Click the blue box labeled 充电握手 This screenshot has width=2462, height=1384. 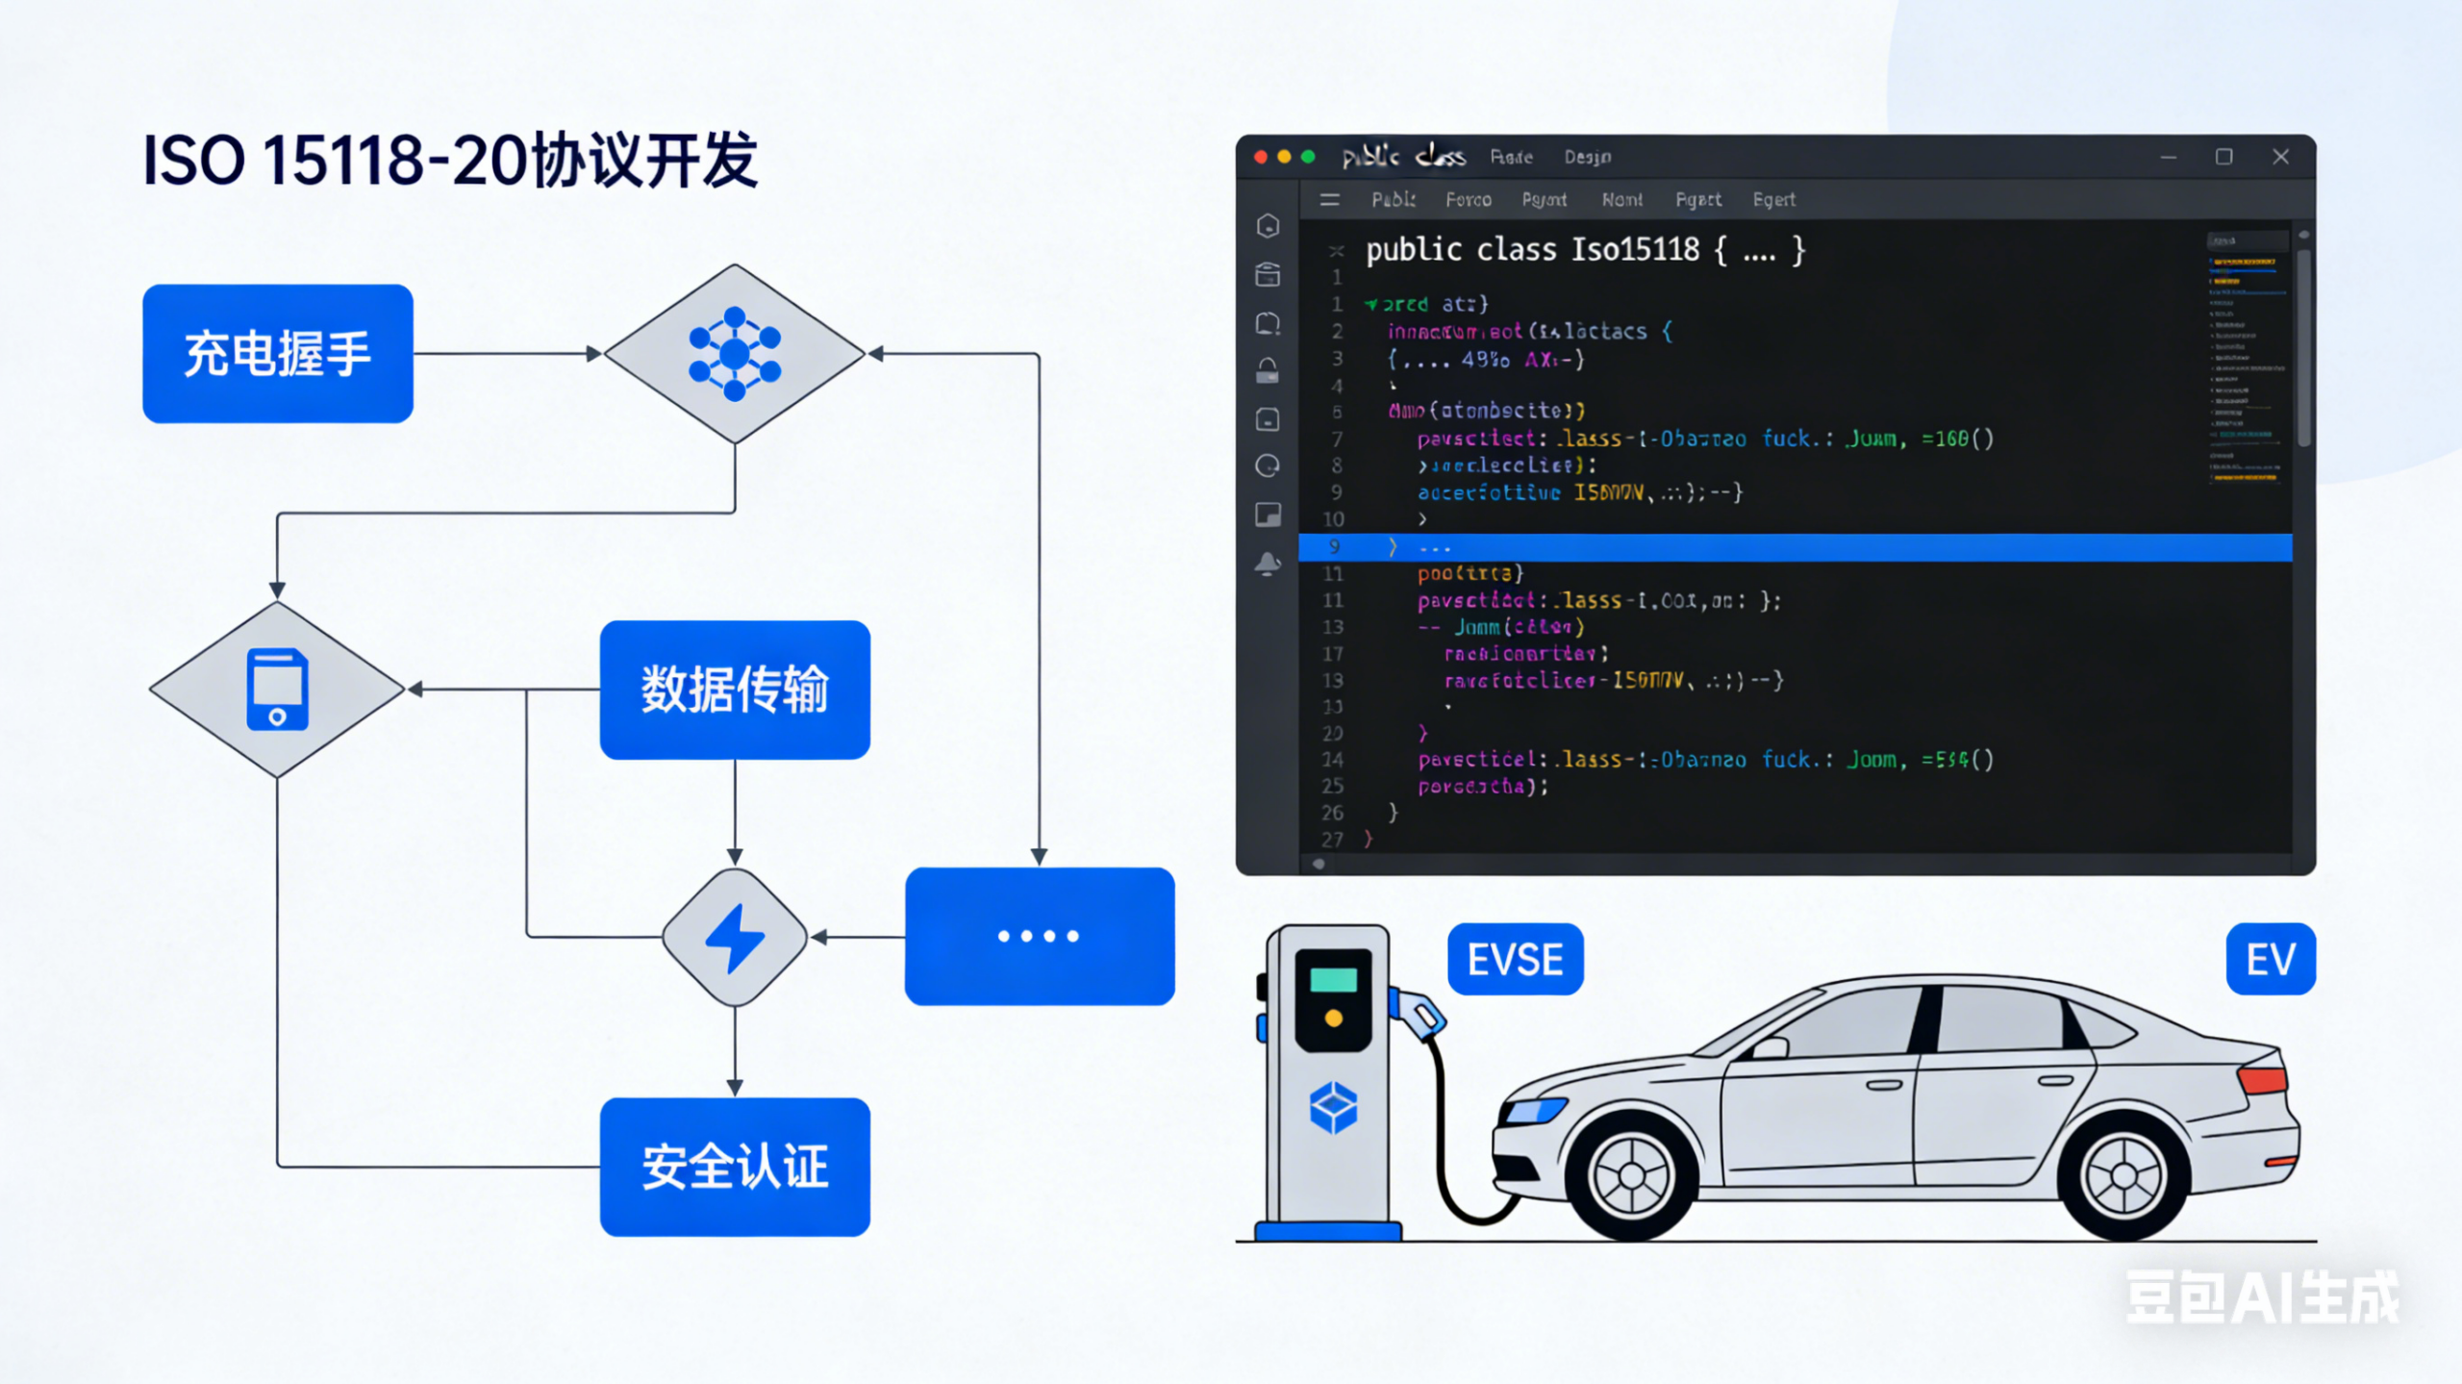click(x=277, y=353)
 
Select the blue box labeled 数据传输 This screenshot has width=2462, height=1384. click(x=735, y=690)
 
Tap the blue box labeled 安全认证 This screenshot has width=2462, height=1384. click(x=735, y=1167)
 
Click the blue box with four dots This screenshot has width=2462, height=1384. click(x=1039, y=936)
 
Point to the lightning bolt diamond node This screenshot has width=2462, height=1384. click(x=735, y=938)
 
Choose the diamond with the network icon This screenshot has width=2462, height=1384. click(x=735, y=353)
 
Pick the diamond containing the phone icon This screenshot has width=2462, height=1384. click(x=277, y=690)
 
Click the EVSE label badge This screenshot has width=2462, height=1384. click(x=1515, y=959)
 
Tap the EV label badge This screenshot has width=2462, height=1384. click(x=2270, y=959)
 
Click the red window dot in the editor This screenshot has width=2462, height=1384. click(x=1260, y=157)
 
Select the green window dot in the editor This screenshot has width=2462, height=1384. click(x=1308, y=157)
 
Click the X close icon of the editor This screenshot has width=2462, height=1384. click(x=2280, y=157)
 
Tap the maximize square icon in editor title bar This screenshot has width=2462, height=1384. click(x=2223, y=157)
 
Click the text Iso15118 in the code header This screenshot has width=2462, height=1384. click(x=1635, y=250)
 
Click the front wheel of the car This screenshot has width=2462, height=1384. click(x=1631, y=1175)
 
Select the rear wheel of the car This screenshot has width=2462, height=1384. click(x=2123, y=1175)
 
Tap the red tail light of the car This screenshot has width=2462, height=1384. click(x=2262, y=1079)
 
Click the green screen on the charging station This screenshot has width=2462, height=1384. click(x=1333, y=980)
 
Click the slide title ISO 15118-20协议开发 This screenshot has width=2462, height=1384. click(x=450, y=160)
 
